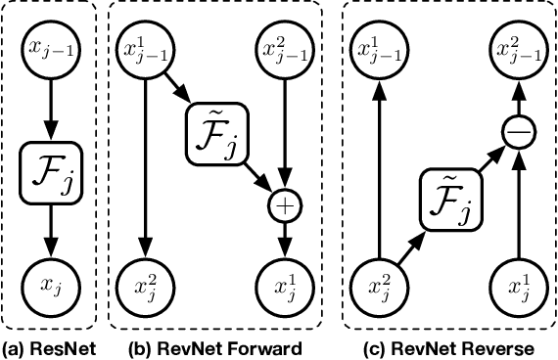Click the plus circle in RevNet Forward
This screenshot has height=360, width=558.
tap(285, 206)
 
